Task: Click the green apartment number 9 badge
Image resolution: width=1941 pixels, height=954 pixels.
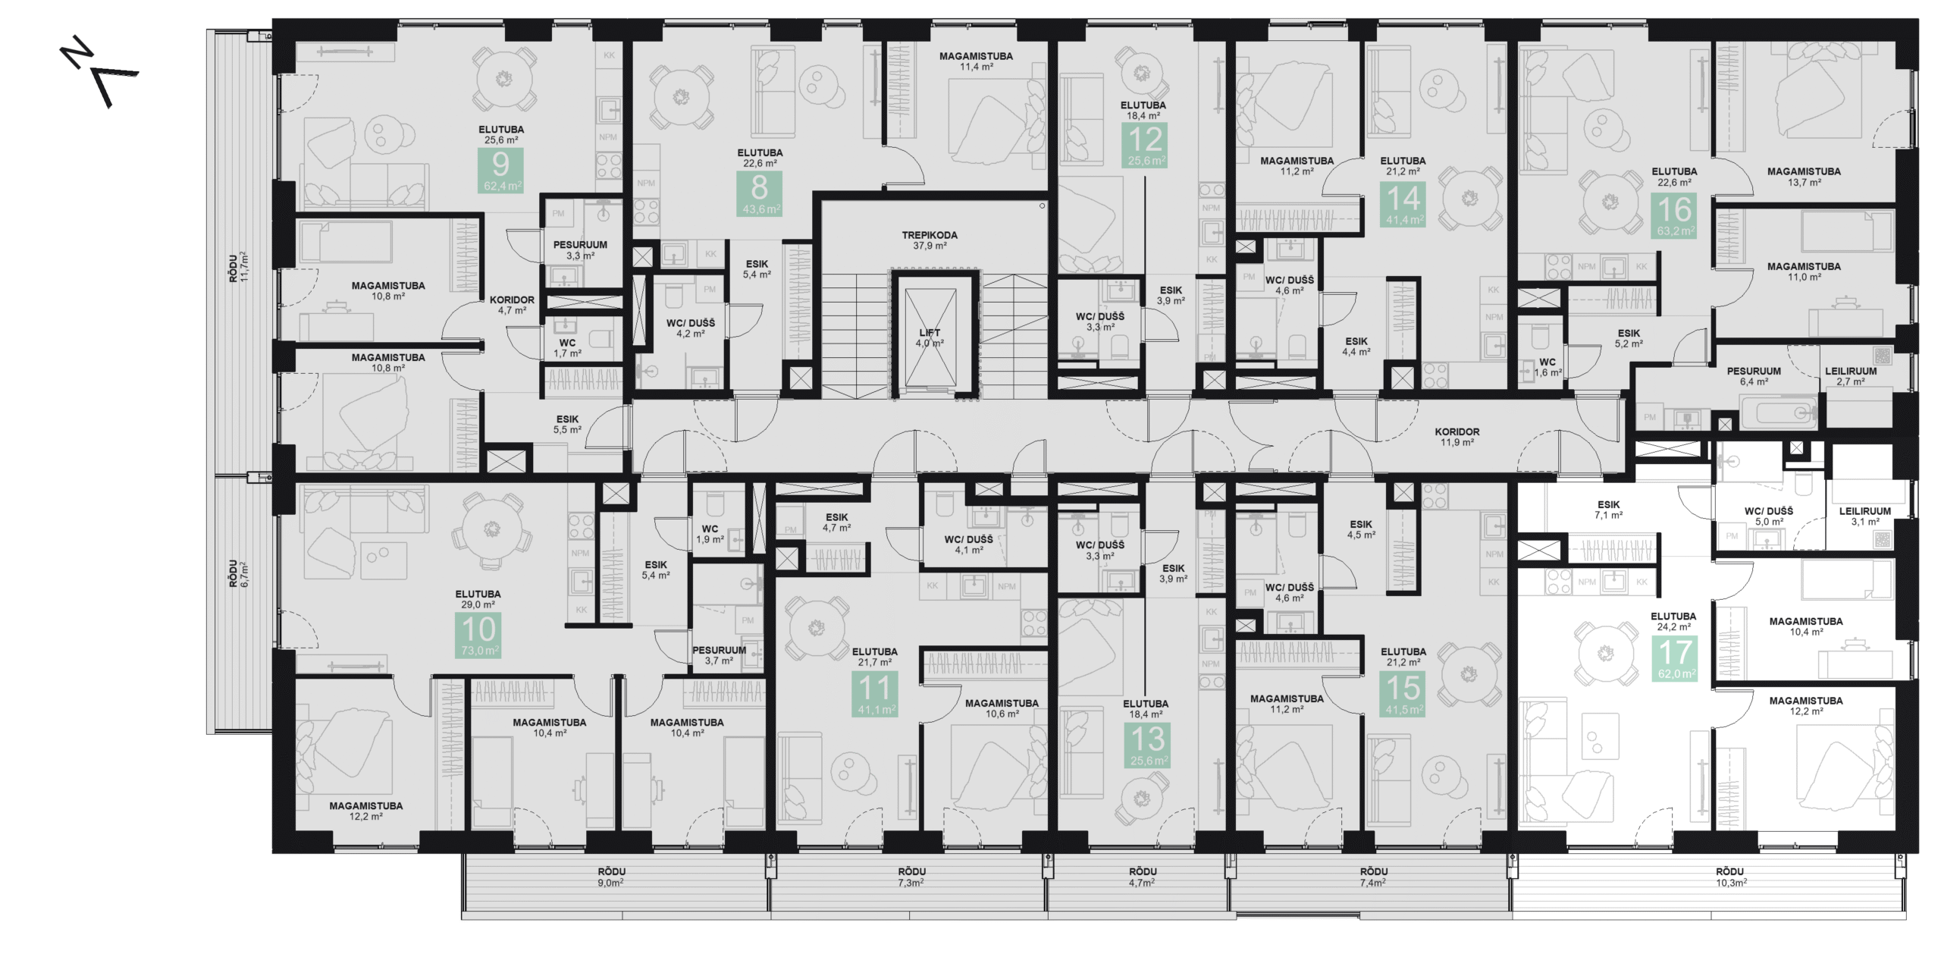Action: (500, 171)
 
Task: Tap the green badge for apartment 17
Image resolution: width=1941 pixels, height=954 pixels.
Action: (1675, 658)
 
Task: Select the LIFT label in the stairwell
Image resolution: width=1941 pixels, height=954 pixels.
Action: (930, 337)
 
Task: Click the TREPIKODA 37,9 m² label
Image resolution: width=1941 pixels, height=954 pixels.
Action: (930, 240)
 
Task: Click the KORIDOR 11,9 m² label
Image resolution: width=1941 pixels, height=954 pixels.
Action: (1457, 437)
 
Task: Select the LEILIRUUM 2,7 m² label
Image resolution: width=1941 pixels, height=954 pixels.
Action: (1851, 376)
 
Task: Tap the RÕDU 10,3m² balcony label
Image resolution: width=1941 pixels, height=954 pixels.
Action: (1730, 877)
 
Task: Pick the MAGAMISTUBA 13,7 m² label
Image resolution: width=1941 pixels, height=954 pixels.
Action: (1804, 177)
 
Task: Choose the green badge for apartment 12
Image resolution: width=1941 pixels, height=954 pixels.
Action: (1146, 146)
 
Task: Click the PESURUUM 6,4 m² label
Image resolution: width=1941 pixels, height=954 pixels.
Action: (1754, 376)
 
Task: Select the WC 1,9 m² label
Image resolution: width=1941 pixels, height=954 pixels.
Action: (710, 534)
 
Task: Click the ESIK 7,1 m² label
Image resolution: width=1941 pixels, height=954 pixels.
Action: (1608, 510)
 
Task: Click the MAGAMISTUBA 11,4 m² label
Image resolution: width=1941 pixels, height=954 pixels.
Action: (976, 61)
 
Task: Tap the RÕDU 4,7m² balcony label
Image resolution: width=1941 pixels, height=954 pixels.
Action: (1142, 877)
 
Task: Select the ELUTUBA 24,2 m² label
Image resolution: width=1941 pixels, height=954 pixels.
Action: (1673, 621)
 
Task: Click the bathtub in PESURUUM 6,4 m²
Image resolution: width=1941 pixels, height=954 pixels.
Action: (1779, 413)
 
